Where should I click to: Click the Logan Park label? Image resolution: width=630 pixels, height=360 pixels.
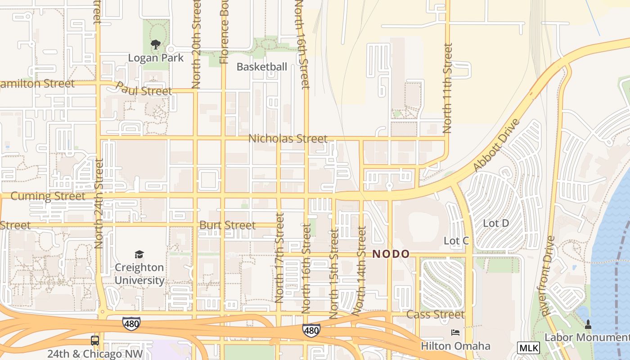tap(156, 58)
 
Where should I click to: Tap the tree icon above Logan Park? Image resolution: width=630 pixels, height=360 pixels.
tap(156, 44)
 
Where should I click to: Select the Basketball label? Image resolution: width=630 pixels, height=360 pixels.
tap(261, 67)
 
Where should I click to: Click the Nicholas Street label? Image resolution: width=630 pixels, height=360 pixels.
tap(288, 139)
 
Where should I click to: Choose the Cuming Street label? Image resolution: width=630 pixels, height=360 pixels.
tap(48, 196)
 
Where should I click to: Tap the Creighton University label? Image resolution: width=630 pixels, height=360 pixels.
tap(139, 274)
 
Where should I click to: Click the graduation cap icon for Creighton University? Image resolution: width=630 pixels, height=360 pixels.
tap(139, 255)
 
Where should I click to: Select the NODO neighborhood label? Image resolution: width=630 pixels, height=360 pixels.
tap(391, 254)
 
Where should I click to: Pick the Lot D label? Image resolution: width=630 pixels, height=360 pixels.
tap(495, 223)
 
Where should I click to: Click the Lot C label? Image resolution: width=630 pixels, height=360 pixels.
tap(456, 241)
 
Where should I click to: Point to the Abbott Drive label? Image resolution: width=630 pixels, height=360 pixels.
tap(496, 145)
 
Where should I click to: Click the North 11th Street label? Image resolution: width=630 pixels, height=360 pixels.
tap(447, 88)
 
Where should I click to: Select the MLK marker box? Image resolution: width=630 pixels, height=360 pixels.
tap(528, 347)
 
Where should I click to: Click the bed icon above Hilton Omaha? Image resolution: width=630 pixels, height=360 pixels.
tap(455, 333)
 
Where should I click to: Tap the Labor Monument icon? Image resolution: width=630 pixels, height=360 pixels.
tap(588, 324)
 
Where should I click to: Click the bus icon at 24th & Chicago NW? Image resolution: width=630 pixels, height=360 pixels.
tap(95, 341)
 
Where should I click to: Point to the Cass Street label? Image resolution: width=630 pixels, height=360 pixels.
tap(435, 314)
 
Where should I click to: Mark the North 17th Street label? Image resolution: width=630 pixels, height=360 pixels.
tap(279, 258)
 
